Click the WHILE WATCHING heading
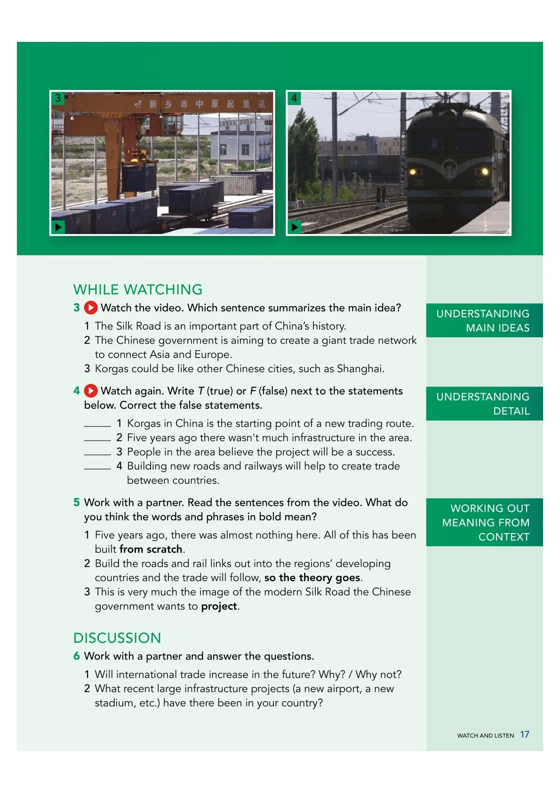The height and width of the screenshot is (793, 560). pyautogui.click(x=138, y=289)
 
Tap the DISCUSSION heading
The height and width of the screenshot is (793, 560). pyautogui.click(x=117, y=638)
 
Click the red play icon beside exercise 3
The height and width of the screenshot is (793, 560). pyautogui.click(x=91, y=308)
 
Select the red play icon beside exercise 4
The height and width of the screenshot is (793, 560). pyautogui.click(x=91, y=391)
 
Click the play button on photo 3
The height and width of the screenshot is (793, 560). pyautogui.click(x=58, y=227)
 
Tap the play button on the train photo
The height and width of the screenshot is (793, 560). pyautogui.click(x=294, y=227)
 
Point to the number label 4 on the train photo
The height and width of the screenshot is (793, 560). pyautogui.click(x=294, y=98)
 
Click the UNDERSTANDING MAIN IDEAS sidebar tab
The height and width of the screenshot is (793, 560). pyautogui.click(x=484, y=321)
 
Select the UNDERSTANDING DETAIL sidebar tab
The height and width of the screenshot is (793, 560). pyautogui.click(x=484, y=404)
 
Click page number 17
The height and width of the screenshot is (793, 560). pyautogui.click(x=525, y=735)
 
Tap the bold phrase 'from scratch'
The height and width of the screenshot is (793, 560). pyautogui.click(x=151, y=549)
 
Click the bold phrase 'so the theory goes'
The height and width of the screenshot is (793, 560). pyautogui.click(x=312, y=578)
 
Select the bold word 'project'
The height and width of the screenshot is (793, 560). pyautogui.click(x=219, y=607)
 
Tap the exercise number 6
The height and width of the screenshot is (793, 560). pyautogui.click(x=77, y=656)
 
